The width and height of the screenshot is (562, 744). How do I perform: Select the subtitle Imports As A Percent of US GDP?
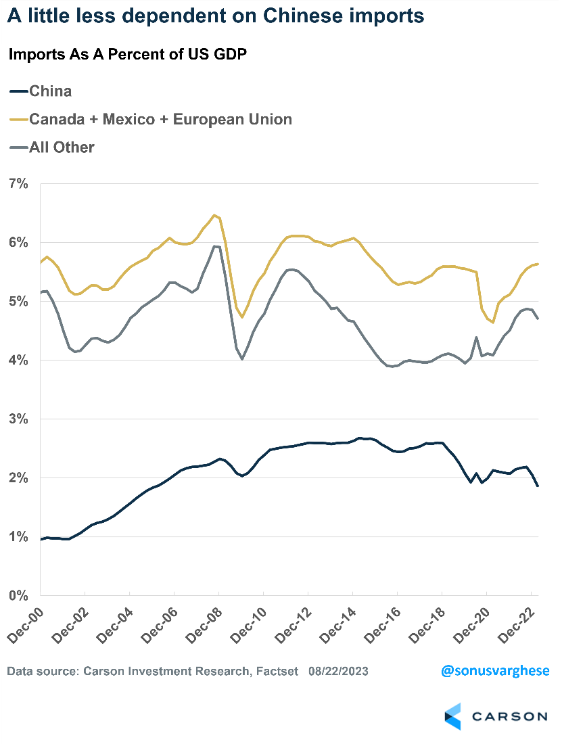click(x=126, y=55)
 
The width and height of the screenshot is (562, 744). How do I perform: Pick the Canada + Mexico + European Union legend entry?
click(x=151, y=120)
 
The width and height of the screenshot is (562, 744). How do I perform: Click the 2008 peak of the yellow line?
click(x=214, y=215)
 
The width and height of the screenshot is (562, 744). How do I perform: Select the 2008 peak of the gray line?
click(x=215, y=246)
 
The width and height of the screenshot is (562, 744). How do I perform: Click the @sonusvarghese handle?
click(x=494, y=672)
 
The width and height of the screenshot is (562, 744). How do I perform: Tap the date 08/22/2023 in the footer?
click(x=338, y=672)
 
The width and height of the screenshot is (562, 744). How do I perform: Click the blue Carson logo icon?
click(x=452, y=716)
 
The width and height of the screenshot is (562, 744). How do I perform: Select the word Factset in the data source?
click(x=276, y=672)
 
